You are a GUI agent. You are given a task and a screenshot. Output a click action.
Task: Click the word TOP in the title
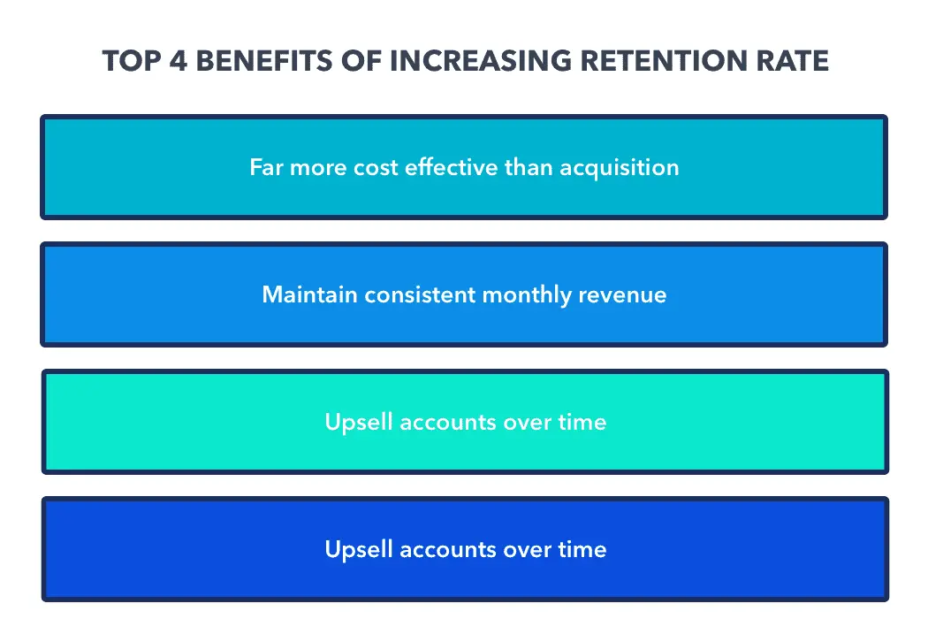click(x=126, y=61)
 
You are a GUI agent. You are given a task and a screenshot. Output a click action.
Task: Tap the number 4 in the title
click(x=169, y=61)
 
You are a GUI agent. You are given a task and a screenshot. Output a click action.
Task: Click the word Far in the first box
click(x=266, y=167)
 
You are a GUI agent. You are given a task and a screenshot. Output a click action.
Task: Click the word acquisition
click(x=618, y=168)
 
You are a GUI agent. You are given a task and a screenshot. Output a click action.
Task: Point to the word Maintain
click(x=304, y=294)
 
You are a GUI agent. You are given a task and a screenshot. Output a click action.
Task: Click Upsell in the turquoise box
click(x=359, y=423)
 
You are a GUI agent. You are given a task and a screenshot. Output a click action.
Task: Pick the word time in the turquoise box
click(x=582, y=422)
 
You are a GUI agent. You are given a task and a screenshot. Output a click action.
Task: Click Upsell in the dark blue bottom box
click(x=359, y=550)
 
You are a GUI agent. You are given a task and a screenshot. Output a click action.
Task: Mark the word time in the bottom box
click(x=582, y=549)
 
